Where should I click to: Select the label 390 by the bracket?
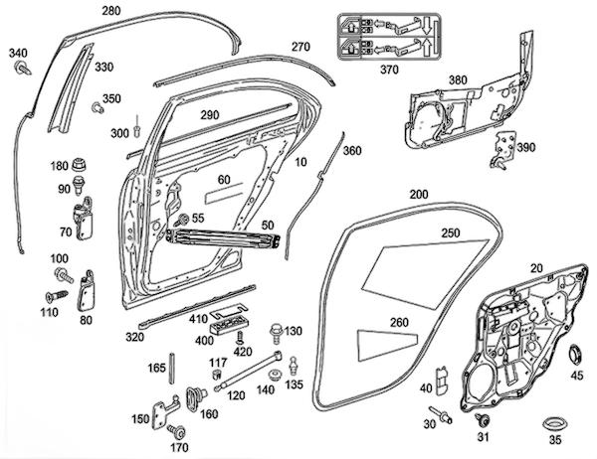[x=526, y=147]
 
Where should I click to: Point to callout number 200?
[x=419, y=193]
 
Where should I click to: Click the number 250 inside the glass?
[x=452, y=232]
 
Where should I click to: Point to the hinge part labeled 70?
[x=84, y=216]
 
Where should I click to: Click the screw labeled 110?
[x=55, y=296]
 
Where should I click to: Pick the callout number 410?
[x=197, y=319]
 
